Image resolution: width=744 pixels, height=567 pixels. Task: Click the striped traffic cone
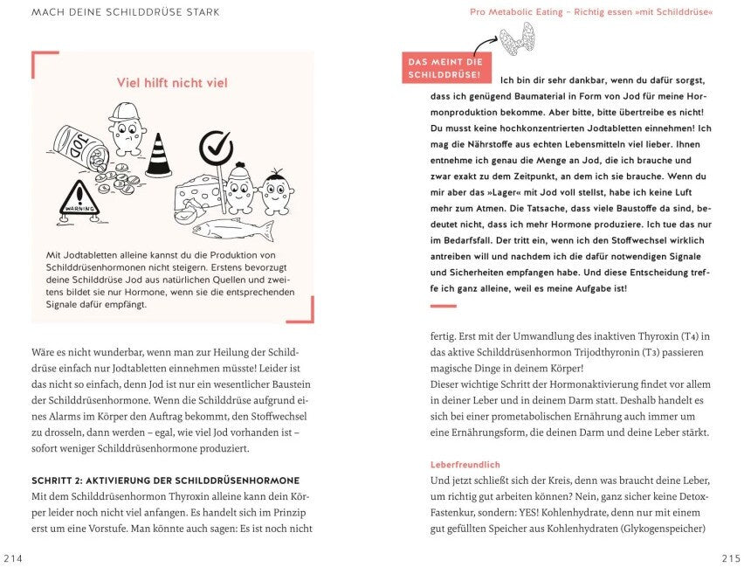(x=158, y=155)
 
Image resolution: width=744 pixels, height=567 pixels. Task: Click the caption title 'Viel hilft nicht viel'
(x=172, y=83)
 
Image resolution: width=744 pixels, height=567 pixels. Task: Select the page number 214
(x=15, y=558)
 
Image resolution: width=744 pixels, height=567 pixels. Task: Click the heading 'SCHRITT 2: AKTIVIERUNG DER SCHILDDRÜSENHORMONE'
(x=165, y=480)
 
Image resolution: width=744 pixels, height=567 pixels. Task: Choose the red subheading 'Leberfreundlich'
(x=465, y=464)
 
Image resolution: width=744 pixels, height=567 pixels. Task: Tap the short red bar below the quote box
(x=444, y=306)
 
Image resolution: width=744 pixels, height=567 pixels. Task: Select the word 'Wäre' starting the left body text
(x=45, y=350)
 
